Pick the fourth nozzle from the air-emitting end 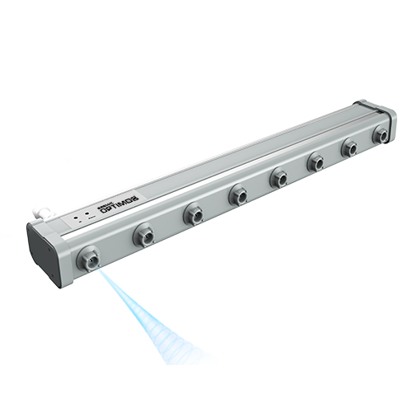coord(238,194)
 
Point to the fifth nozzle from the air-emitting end coord(279,176)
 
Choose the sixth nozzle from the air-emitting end coord(316,162)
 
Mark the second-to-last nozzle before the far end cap coord(349,148)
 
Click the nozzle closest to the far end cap coord(380,134)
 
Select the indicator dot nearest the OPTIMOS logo coord(87,216)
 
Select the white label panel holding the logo coord(99,213)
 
